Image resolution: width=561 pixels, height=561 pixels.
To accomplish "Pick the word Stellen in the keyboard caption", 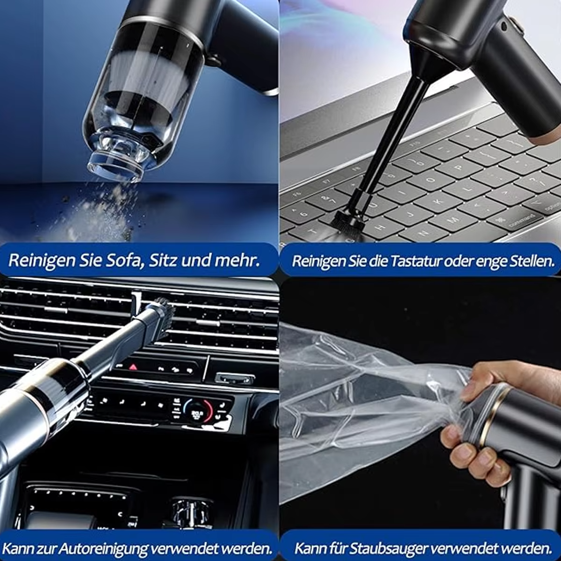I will (531, 261).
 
